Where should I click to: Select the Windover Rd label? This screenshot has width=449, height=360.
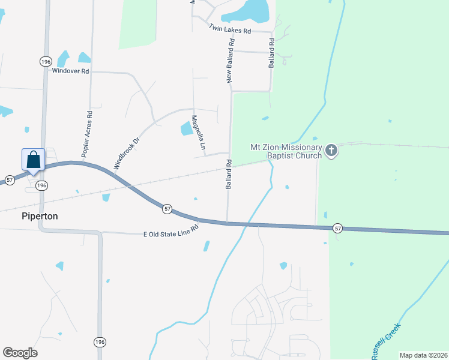tap(70, 71)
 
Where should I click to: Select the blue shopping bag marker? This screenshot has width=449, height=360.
tap(33, 160)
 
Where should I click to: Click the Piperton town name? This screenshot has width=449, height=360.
tap(40, 216)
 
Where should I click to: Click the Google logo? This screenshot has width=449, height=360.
tap(20, 353)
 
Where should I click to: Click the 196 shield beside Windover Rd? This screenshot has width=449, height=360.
tap(46, 61)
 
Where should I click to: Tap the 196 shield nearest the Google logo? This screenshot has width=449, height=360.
tap(100, 341)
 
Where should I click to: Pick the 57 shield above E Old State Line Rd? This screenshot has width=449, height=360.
tap(167, 208)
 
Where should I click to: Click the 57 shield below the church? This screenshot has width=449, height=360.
tap(338, 228)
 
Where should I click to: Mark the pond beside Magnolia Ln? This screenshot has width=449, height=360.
tap(187, 128)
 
